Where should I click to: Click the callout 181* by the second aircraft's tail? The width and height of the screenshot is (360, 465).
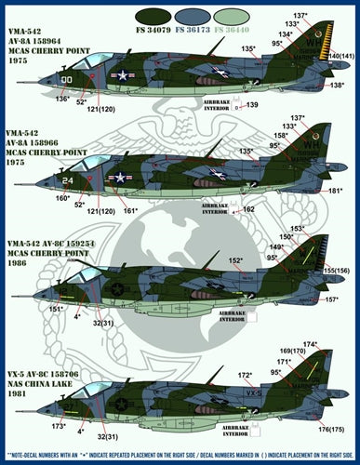(x=336, y=191)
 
